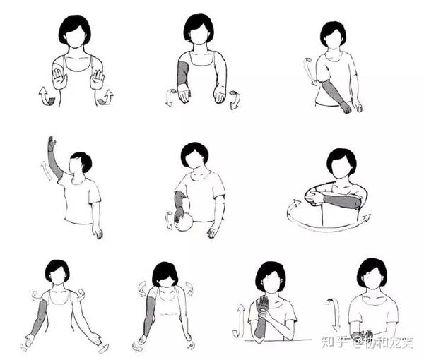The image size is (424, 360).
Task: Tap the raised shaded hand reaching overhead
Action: point(52,143)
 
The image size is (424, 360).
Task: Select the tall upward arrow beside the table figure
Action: point(239,321)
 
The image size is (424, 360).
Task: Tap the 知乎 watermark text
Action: point(334,342)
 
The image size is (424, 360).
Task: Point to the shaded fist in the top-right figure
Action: point(346,107)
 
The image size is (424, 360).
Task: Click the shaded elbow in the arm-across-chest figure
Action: point(356,203)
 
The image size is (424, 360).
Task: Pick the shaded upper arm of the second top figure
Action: point(183,73)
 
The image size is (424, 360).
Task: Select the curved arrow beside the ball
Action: point(170,220)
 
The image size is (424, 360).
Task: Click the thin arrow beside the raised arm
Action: point(46,171)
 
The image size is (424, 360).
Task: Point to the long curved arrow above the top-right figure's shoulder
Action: point(309,71)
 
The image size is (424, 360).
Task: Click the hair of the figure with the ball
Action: point(195,152)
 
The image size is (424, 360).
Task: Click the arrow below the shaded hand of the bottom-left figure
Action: point(24,347)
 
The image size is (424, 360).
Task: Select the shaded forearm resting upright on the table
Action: point(260,325)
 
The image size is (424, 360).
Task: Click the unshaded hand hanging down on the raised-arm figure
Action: point(98,232)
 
